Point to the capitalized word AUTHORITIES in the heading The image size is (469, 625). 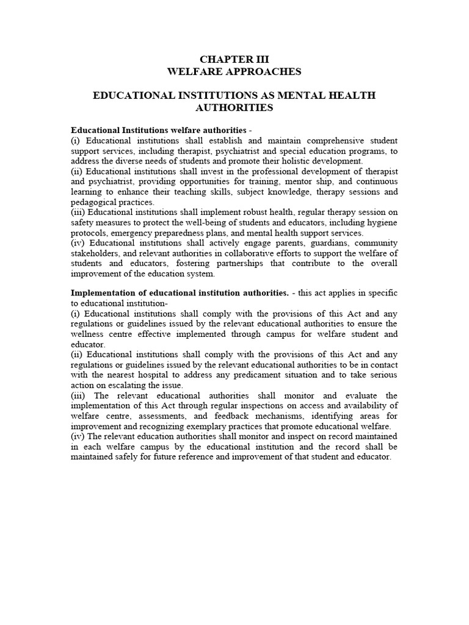(234, 107)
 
